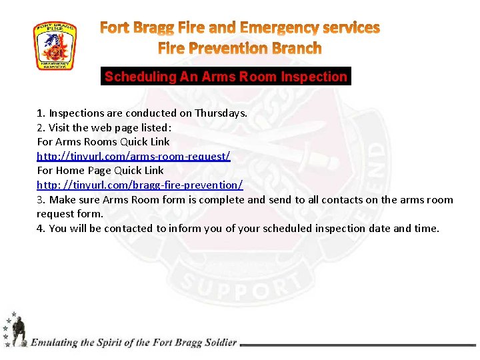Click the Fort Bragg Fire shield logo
click(x=55, y=46)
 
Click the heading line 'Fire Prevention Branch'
click(x=239, y=49)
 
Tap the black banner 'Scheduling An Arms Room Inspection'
click(x=226, y=77)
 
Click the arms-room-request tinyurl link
click(x=133, y=156)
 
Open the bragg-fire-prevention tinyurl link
click(x=139, y=185)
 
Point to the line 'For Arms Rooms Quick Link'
click(x=103, y=141)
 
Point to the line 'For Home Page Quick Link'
click(x=100, y=170)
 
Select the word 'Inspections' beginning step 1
click(x=76, y=113)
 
